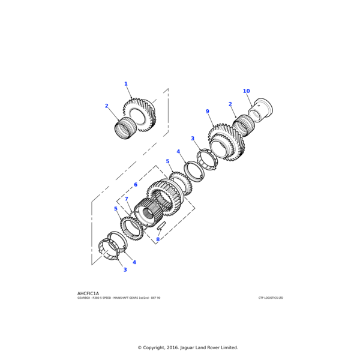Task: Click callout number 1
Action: [126, 84]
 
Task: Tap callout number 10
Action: [246, 91]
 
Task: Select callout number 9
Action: [207, 112]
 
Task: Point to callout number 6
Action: [136, 185]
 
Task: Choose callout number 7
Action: [126, 199]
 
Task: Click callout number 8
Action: [158, 239]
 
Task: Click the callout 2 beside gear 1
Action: [107, 106]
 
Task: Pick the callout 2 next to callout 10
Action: [230, 104]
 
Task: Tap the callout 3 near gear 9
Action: [193, 139]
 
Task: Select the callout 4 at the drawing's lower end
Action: [134, 262]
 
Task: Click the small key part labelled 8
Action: [161, 226]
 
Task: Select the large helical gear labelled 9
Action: [227, 142]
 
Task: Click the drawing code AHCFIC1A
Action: [88, 293]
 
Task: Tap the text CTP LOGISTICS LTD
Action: [271, 298]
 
